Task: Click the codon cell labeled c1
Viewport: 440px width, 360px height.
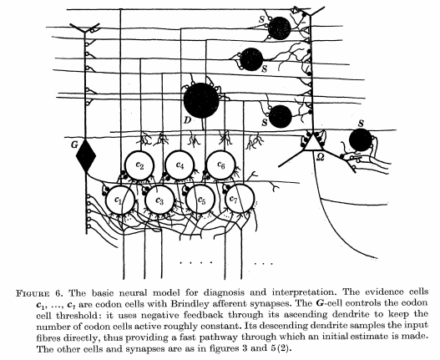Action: pos(121,200)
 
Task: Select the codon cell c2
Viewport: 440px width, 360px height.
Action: pos(139,165)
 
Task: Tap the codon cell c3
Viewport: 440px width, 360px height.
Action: pos(160,200)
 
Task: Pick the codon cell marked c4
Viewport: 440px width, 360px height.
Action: pos(180,165)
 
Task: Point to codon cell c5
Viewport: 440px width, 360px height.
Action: pos(200,200)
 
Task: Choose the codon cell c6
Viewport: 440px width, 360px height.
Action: pos(221,165)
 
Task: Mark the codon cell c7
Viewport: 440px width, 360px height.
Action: pos(240,199)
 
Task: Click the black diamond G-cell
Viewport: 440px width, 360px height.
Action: pos(86,155)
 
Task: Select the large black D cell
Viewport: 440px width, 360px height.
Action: pos(201,100)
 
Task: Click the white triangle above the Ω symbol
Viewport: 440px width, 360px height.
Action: pos(313,143)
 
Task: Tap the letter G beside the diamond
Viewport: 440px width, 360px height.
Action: pos(74,145)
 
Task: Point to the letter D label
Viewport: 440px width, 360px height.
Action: pos(187,121)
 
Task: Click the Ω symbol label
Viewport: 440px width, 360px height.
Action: pos(320,158)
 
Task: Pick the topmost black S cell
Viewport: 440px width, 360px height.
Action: pos(279,28)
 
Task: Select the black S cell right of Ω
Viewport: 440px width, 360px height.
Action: pos(361,139)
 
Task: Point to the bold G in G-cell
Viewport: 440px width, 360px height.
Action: pos(319,303)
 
